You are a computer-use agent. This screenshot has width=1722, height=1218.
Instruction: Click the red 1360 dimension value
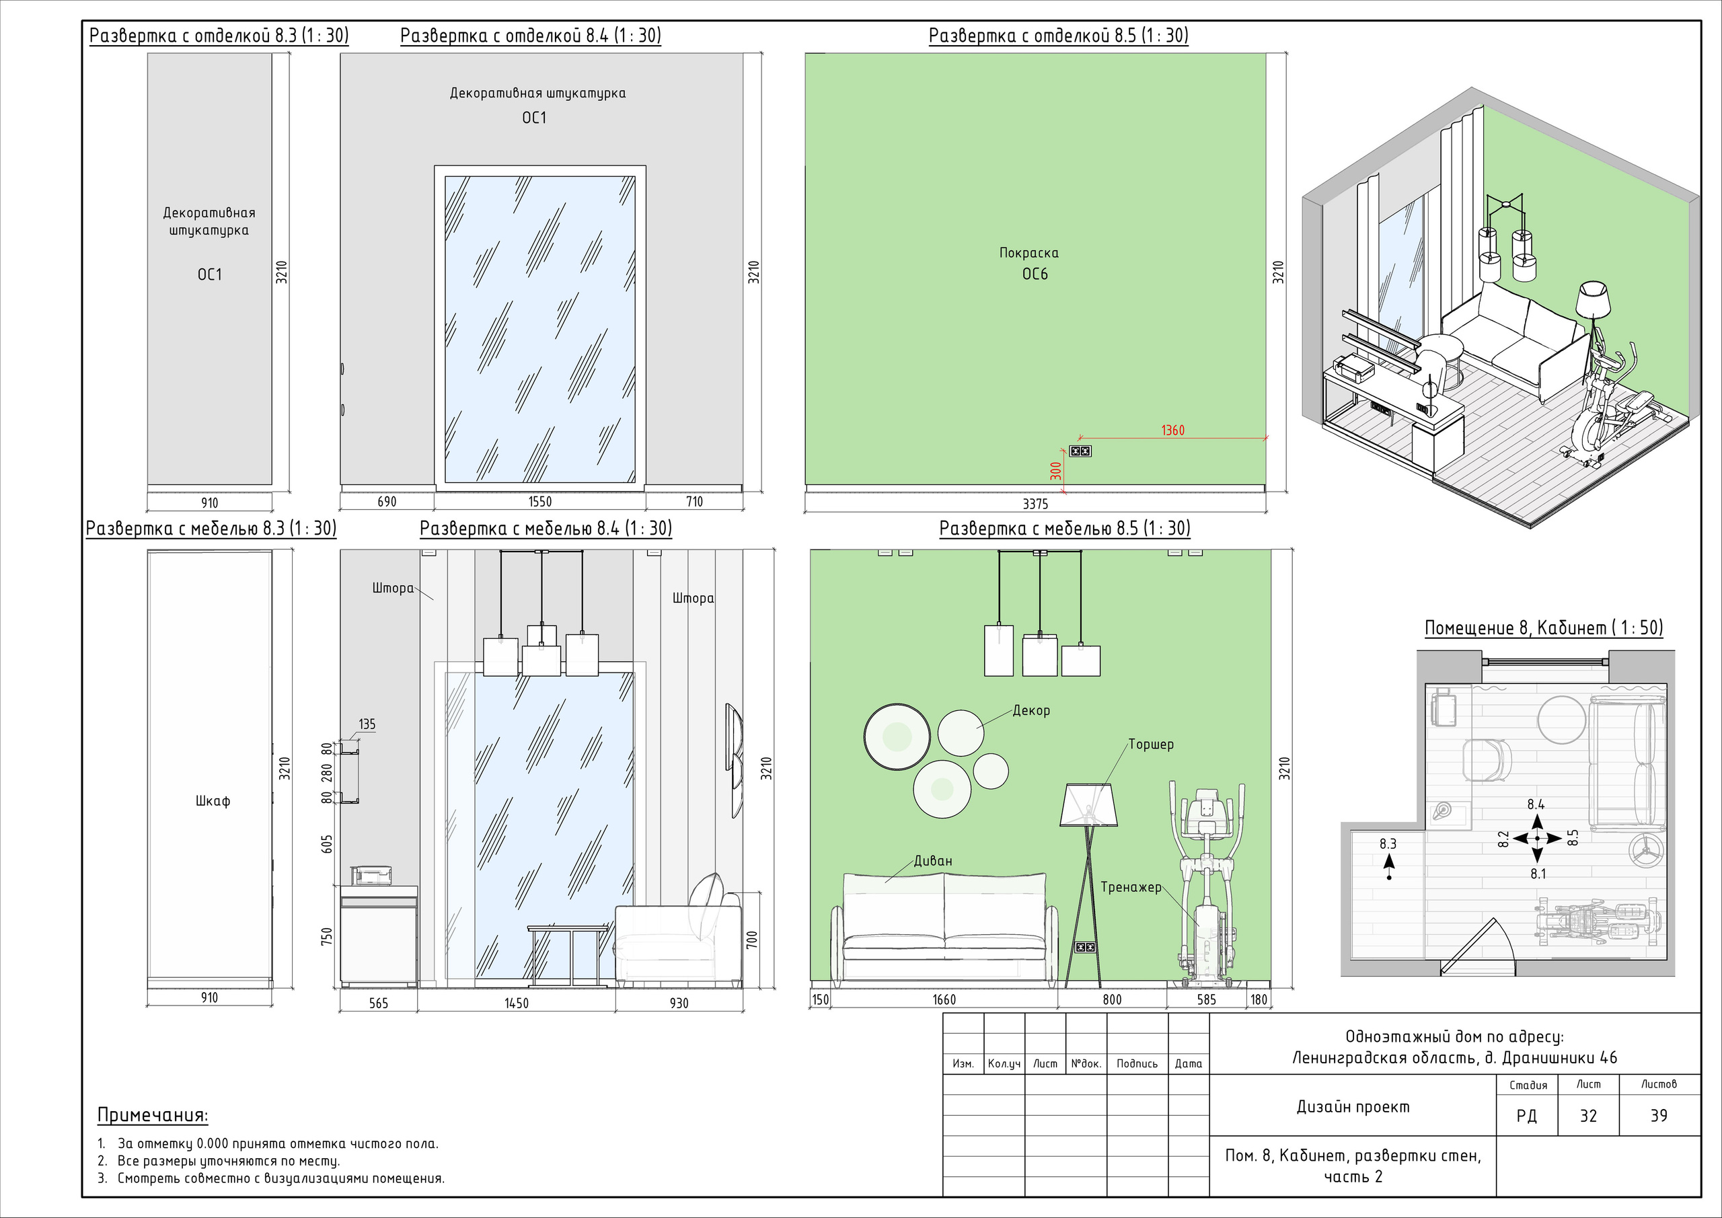tap(1173, 430)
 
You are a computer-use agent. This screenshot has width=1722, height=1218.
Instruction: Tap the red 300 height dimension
tap(1056, 471)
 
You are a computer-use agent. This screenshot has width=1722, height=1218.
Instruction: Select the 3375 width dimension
tap(1035, 504)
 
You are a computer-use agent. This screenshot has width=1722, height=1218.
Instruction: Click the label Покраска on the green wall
tap(1029, 254)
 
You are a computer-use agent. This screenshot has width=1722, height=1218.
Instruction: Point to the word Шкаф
tap(213, 801)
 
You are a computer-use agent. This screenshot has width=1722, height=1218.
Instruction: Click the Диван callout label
tap(933, 861)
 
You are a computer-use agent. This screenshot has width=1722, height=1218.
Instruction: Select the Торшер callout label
tap(1151, 745)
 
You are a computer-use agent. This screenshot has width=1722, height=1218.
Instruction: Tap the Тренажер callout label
tap(1131, 887)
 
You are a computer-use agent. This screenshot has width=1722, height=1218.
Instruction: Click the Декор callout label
tap(1031, 710)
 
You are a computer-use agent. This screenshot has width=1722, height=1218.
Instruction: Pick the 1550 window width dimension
tap(540, 502)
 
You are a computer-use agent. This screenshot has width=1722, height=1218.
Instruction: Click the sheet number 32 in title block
tap(1589, 1116)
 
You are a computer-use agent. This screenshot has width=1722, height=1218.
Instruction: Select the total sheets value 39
tap(1659, 1116)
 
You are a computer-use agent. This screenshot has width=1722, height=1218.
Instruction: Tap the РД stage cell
tap(1526, 1116)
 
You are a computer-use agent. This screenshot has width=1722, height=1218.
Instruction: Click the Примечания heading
tap(153, 1115)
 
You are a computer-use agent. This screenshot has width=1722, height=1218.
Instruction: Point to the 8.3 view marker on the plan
tap(1388, 844)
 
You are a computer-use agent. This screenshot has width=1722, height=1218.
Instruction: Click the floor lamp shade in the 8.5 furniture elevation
tap(1089, 805)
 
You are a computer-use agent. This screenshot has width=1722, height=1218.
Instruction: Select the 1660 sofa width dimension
tap(944, 999)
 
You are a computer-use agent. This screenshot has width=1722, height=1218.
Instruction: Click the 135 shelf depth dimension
tap(367, 724)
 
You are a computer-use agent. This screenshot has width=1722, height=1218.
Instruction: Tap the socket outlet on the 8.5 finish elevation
tap(1080, 451)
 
